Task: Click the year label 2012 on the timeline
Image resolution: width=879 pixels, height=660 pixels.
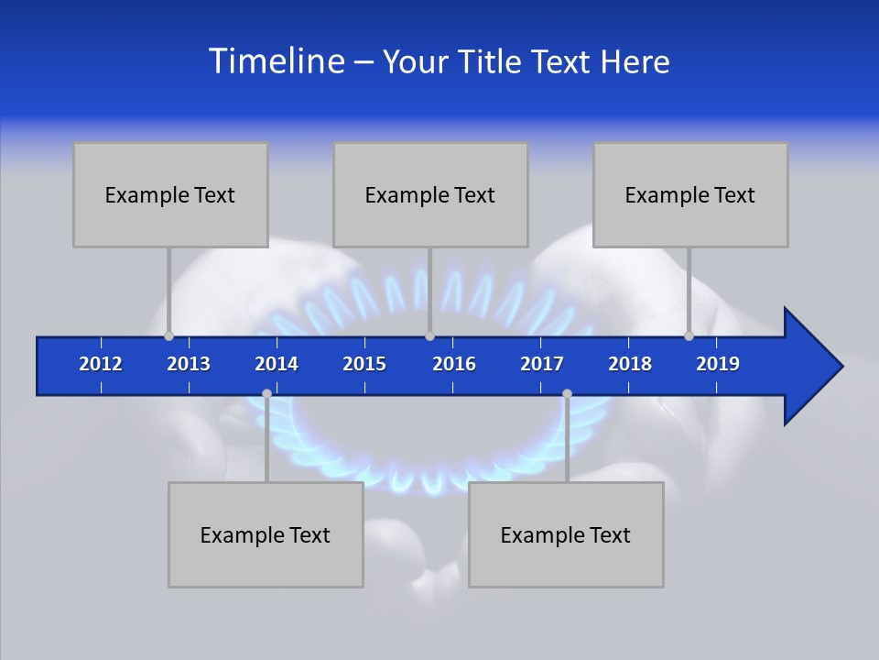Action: pyautogui.click(x=101, y=364)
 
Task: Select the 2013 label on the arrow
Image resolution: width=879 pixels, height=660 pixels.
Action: pyautogui.click(x=189, y=364)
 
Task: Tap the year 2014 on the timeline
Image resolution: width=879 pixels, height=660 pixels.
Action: pyautogui.click(x=277, y=364)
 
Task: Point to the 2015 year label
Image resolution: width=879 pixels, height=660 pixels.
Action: pyautogui.click(x=364, y=364)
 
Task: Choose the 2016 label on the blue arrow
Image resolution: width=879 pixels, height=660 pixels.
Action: pyautogui.click(x=454, y=364)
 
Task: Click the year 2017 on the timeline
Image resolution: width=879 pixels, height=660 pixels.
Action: pyautogui.click(x=542, y=364)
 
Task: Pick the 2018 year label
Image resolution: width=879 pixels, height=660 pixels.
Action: pyautogui.click(x=630, y=364)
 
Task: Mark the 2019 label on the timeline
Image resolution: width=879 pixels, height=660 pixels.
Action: pyautogui.click(x=718, y=364)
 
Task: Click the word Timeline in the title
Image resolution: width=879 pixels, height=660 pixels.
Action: pyautogui.click(x=276, y=60)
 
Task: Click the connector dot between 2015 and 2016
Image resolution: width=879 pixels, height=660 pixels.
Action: pyautogui.click(x=429, y=335)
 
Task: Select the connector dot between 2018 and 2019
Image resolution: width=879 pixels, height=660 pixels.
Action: pyautogui.click(x=689, y=335)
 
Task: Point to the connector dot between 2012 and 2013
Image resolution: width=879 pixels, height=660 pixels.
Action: pyautogui.click(x=168, y=335)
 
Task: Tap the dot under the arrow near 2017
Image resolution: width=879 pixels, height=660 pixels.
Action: pyautogui.click(x=567, y=394)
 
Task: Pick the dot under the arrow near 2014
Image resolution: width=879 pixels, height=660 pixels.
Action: pyautogui.click(x=266, y=394)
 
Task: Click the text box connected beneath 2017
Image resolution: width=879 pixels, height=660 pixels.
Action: pyautogui.click(x=566, y=534)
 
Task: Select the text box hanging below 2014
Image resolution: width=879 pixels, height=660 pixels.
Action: pyautogui.click(x=266, y=534)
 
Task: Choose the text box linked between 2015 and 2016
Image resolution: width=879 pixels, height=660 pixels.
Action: pyautogui.click(x=430, y=194)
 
